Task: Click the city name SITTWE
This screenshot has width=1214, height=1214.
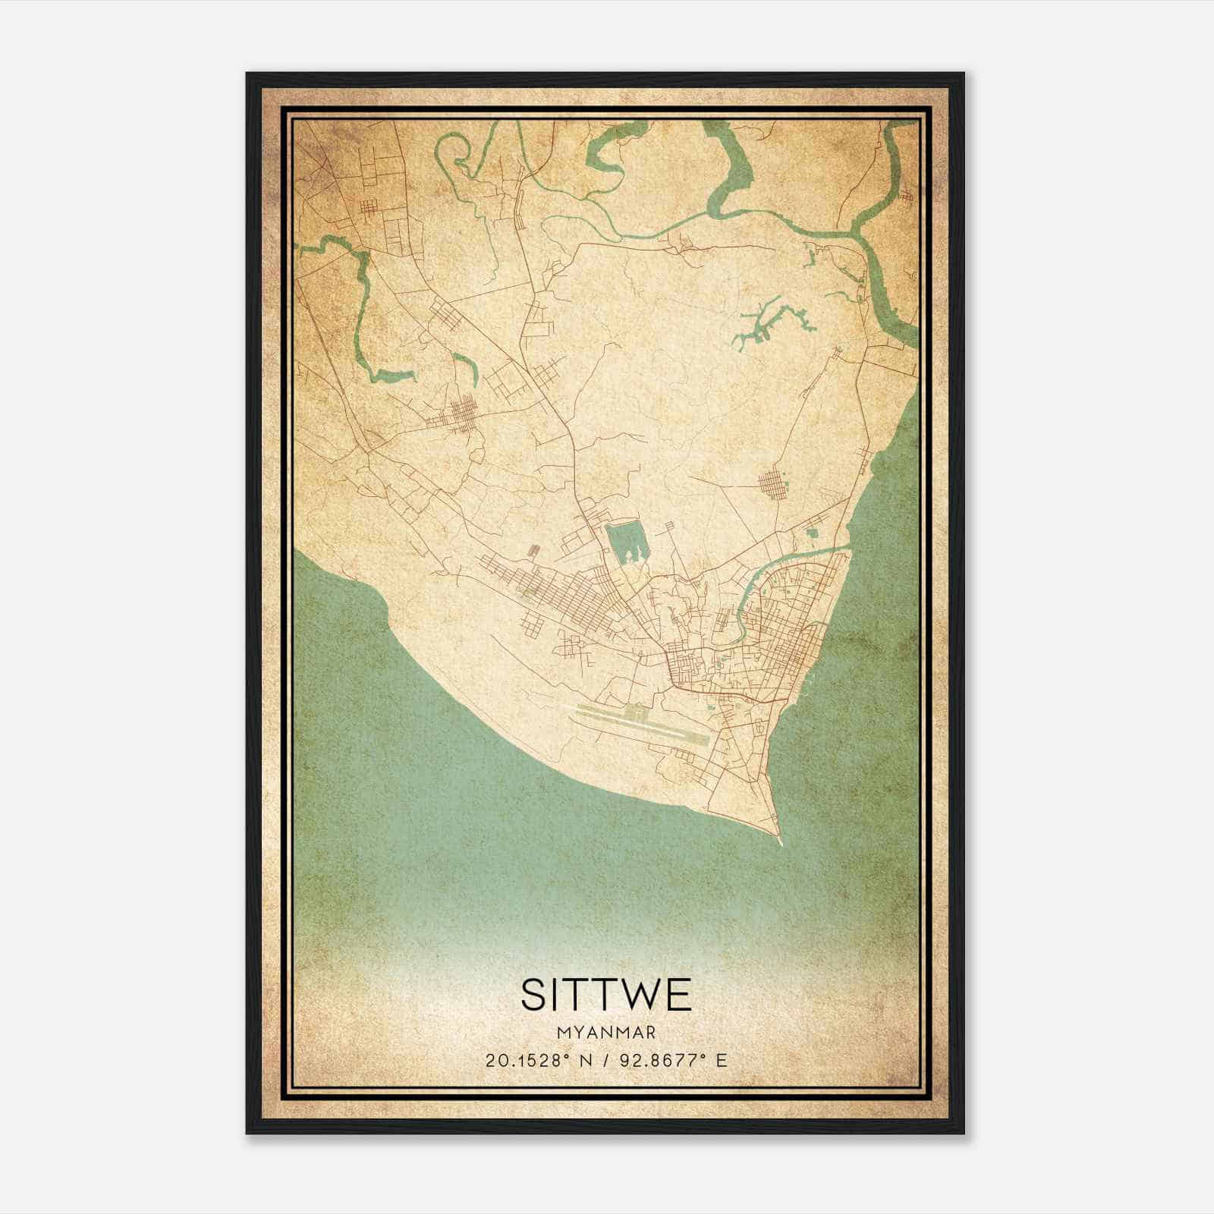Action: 606,995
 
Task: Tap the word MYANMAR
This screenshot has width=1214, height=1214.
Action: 606,1033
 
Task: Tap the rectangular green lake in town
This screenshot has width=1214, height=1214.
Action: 627,542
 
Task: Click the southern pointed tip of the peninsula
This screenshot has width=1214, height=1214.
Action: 780,843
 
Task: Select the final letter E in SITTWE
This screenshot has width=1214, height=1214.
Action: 679,995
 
